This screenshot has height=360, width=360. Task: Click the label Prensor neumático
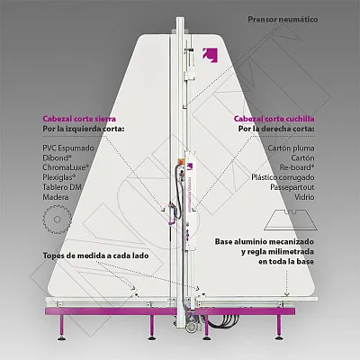pyautogui.click(x=283, y=20)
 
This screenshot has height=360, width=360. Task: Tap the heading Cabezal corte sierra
pyautogui.click(x=79, y=119)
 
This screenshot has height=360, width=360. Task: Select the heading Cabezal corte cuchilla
pyautogui.click(x=274, y=119)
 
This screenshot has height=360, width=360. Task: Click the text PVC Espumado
pyautogui.click(x=68, y=148)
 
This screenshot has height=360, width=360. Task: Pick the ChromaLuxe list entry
pyautogui.click(x=66, y=167)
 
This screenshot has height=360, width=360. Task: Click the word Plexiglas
pyautogui.click(x=59, y=177)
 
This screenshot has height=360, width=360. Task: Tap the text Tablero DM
pyautogui.click(x=62, y=187)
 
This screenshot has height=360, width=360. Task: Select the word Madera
pyautogui.click(x=56, y=197)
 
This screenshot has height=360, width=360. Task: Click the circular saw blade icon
pyautogui.click(x=57, y=220)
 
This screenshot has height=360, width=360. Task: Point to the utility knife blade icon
pyautogui.click(x=291, y=220)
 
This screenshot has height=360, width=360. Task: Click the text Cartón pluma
pyautogui.click(x=291, y=148)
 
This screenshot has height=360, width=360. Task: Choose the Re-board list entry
pyautogui.click(x=297, y=167)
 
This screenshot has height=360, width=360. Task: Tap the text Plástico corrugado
pyautogui.click(x=283, y=177)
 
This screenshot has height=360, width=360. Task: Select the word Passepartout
pyautogui.click(x=292, y=187)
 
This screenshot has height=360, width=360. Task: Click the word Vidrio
pyautogui.click(x=304, y=197)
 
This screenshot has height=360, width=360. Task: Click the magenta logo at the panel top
pyautogui.click(x=210, y=55)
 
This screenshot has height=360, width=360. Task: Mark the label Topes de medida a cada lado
pyautogui.click(x=95, y=256)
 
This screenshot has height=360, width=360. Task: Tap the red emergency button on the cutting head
pyautogui.click(x=181, y=160)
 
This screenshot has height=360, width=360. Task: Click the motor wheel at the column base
pyautogui.click(x=190, y=328)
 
